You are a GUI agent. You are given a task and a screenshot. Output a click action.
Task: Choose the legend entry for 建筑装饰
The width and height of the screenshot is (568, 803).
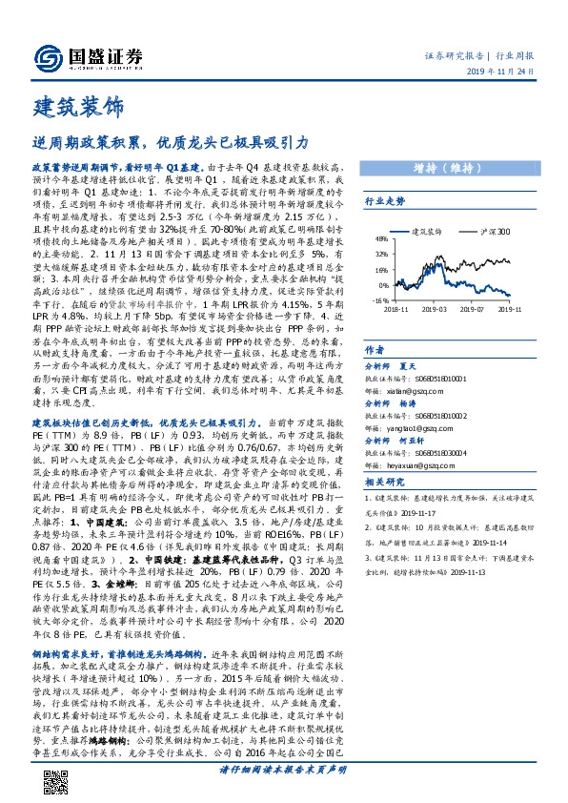[x=426, y=232]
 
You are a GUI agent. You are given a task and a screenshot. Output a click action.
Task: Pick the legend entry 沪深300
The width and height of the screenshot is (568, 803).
[x=497, y=232]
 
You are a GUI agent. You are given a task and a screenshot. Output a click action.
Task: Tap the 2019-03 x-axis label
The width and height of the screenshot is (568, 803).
[x=436, y=308]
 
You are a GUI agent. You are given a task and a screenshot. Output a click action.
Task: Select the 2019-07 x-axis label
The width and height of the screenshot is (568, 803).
[x=477, y=308]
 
